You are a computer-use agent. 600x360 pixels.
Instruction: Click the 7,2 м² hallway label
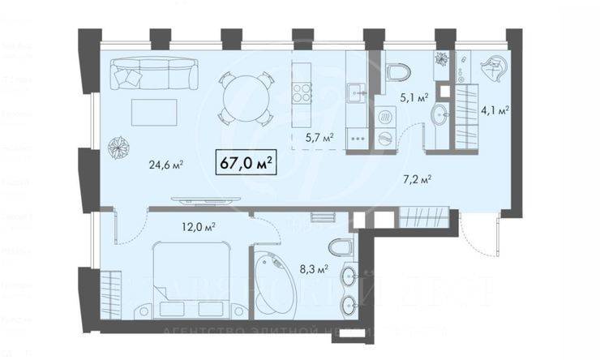pos(419,179)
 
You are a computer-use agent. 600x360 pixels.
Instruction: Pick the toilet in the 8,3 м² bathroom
pos(341,246)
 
